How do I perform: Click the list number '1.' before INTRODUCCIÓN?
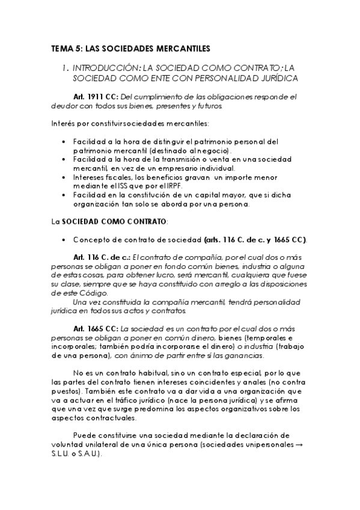point(66,69)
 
